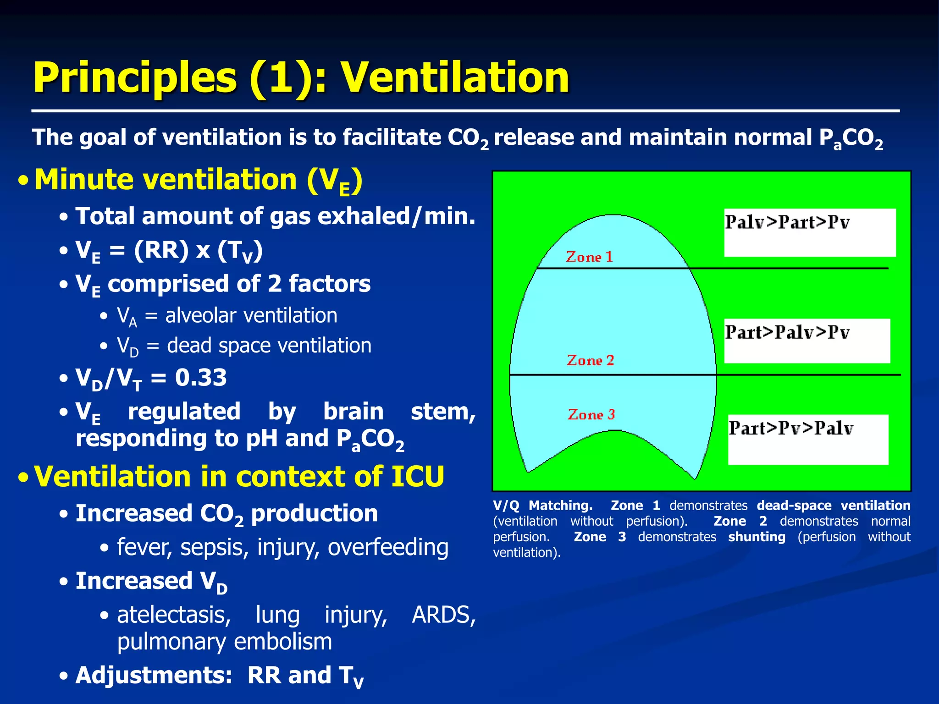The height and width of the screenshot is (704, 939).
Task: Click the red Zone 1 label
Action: click(x=589, y=257)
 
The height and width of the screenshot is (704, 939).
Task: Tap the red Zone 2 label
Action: click(x=590, y=360)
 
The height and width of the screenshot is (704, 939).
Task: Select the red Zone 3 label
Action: click(x=591, y=414)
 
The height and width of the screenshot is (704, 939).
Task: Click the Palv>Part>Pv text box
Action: click(x=810, y=232)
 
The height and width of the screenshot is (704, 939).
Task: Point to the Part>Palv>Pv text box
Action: click(x=807, y=341)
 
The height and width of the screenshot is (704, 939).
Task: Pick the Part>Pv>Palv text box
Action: click(x=808, y=439)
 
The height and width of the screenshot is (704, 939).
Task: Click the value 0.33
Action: click(x=201, y=378)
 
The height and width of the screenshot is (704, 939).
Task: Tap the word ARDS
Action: click(x=443, y=615)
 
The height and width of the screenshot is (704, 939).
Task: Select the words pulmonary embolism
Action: click(x=224, y=642)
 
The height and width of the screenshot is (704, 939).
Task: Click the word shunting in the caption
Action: click(x=757, y=537)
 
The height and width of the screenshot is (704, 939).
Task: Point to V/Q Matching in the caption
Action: click(x=542, y=506)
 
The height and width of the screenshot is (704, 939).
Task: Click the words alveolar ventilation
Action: click(x=251, y=315)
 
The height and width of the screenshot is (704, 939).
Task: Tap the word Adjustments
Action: click(x=154, y=675)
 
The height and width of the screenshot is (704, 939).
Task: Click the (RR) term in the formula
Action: click(x=161, y=250)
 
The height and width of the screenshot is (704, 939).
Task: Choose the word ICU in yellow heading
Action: click(x=417, y=477)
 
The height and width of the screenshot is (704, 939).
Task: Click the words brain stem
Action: click(x=399, y=412)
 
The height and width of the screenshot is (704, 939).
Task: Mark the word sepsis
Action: click(x=214, y=547)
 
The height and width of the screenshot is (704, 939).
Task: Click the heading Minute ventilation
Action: click(x=165, y=179)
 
